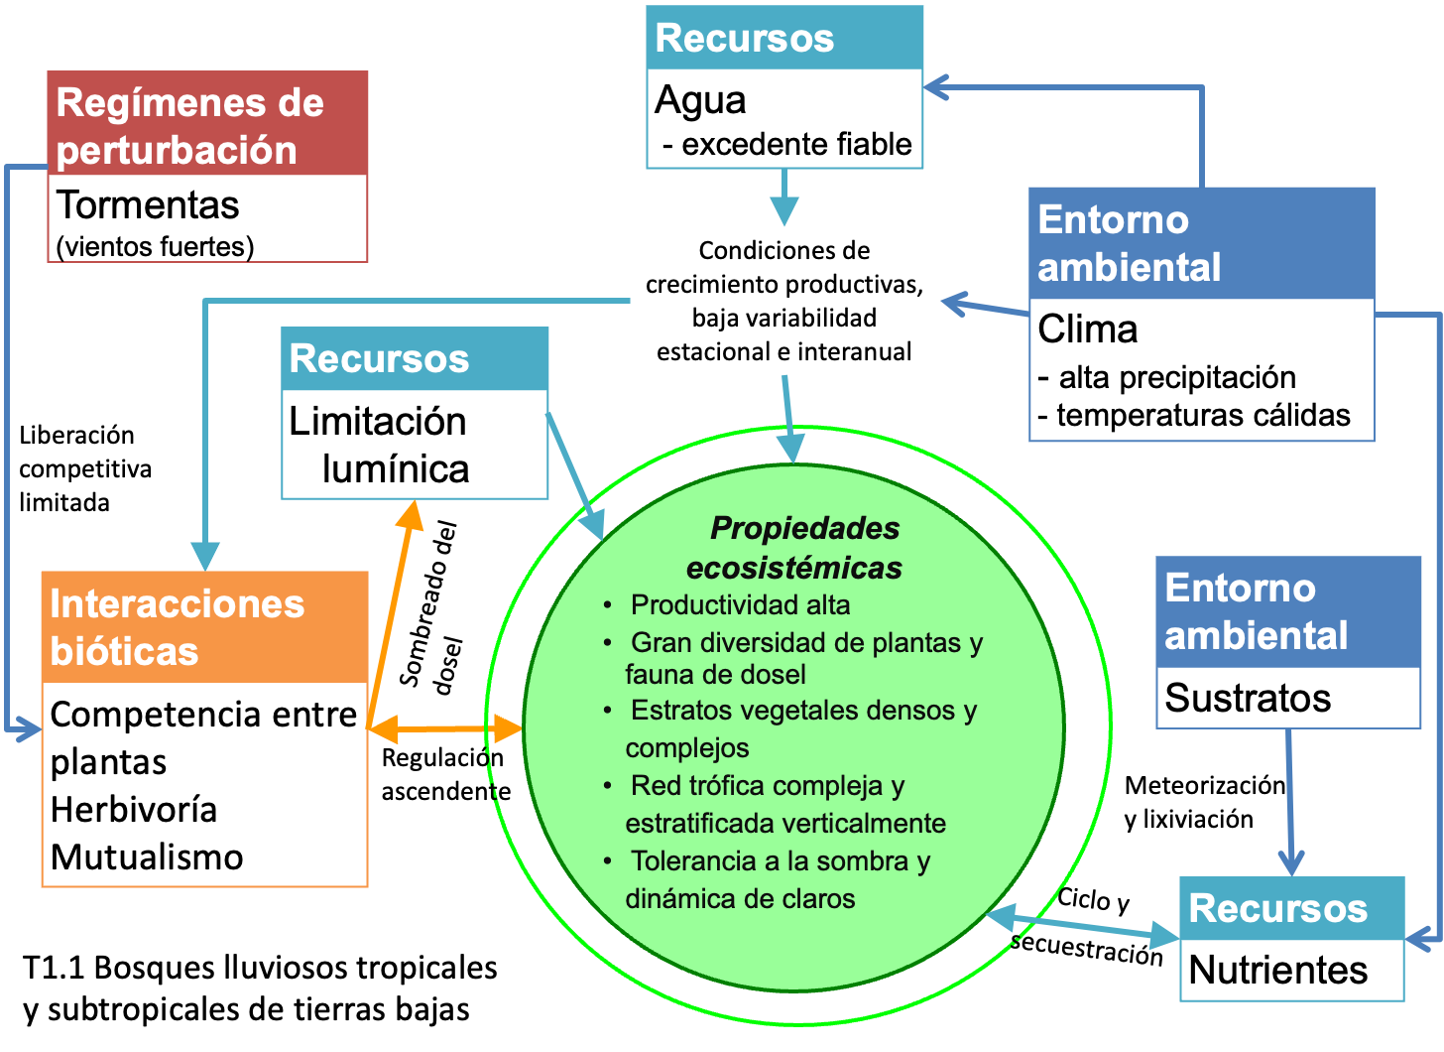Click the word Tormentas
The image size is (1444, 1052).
tap(148, 205)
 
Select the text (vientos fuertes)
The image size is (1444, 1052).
tap(155, 246)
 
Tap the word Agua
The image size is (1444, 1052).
tap(700, 100)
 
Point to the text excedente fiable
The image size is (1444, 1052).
tap(796, 144)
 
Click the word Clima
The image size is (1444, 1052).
tap(1087, 329)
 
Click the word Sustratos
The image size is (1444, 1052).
tap(1248, 698)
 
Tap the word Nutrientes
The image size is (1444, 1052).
tap(1277, 970)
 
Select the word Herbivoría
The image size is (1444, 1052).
tap(134, 809)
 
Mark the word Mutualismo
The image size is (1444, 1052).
tap(147, 856)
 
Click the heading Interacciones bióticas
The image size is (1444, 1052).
tap(177, 627)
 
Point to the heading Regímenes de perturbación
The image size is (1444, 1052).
tap(189, 126)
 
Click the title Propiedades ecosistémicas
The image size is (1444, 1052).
tap(794, 548)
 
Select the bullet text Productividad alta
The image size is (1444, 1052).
tap(740, 604)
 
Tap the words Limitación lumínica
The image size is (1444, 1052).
tap(379, 445)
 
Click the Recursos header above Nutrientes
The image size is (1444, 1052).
tap(1277, 908)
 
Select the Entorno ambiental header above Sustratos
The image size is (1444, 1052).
tap(1256, 611)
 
